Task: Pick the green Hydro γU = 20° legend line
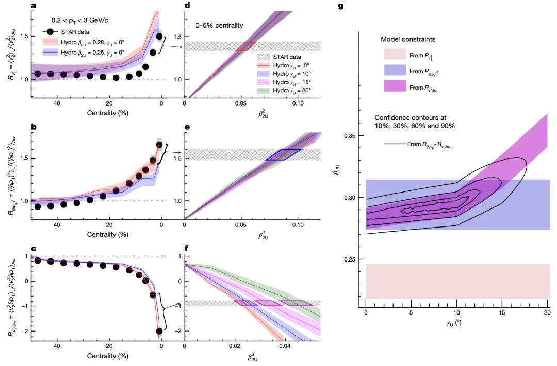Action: [265, 90]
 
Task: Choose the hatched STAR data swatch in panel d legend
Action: [265, 57]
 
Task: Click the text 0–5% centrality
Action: [219, 25]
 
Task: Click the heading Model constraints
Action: [406, 40]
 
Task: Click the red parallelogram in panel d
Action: [246, 47]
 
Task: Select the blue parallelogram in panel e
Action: [283, 154]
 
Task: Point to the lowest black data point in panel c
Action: [159, 331]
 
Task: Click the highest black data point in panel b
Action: [159, 145]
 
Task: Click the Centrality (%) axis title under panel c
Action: [107, 356]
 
